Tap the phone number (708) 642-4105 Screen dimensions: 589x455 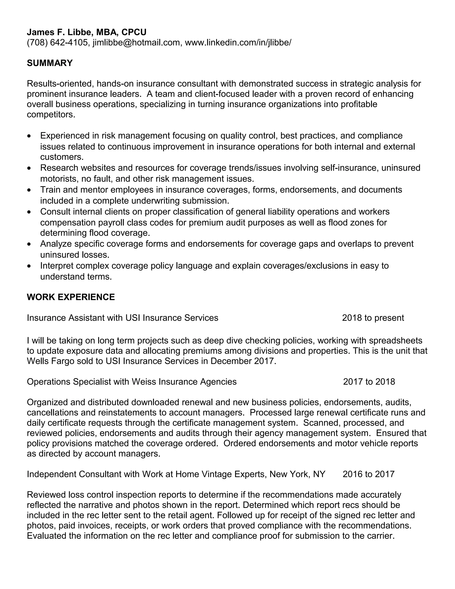pos(57,43)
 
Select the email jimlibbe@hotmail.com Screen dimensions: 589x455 pos(136,43)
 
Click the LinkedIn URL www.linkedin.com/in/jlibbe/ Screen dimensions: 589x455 pos(238,43)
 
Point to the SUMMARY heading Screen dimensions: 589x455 pos(50,63)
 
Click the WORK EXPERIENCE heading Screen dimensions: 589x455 pos(71,297)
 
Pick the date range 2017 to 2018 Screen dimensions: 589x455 pos(369,382)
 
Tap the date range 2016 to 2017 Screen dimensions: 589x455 pos(369,474)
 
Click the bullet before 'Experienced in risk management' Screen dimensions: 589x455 pos(29,136)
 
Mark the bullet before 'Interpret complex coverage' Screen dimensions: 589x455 pos(29,266)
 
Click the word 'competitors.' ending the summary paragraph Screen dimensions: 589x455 pos(51,115)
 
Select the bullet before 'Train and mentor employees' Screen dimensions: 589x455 pos(29,190)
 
